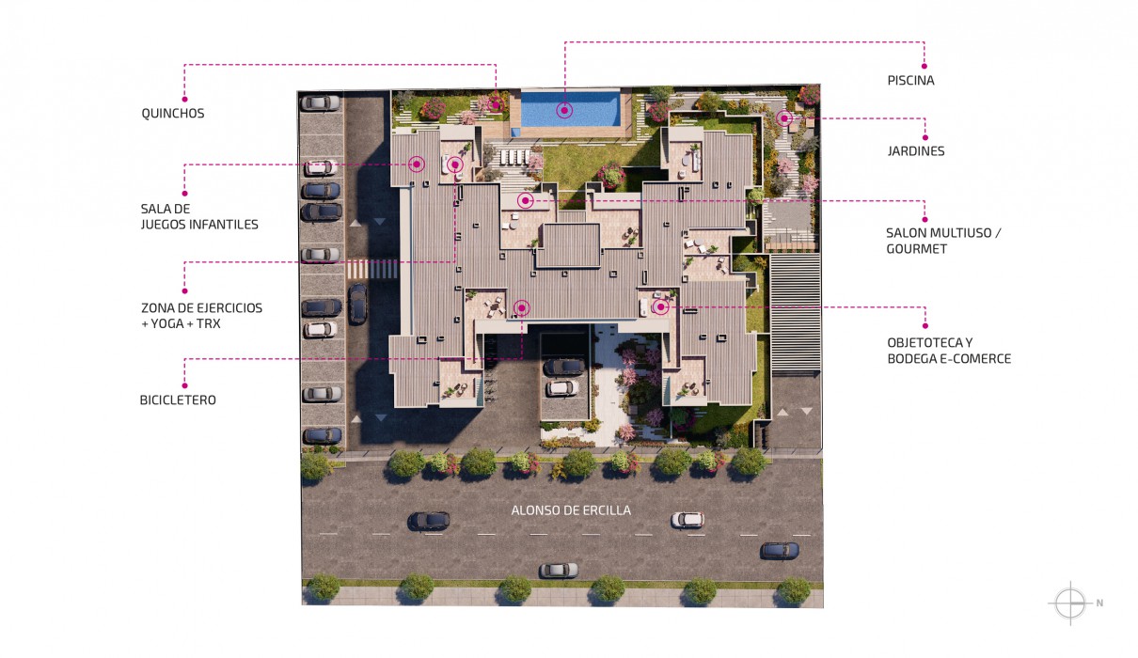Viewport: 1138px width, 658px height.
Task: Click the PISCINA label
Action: pyautogui.click(x=910, y=80)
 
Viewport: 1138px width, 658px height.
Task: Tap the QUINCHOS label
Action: pyautogui.click(x=173, y=113)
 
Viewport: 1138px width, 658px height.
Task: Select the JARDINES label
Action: pyautogui.click(x=916, y=150)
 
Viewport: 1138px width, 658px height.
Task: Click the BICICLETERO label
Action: pyautogui.click(x=178, y=400)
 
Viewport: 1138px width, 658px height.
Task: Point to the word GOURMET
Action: pyautogui.click(x=916, y=249)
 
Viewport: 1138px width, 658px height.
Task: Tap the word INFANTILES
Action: pyautogui.click(x=225, y=225)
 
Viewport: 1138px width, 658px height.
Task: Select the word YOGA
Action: pyautogui.click(x=167, y=324)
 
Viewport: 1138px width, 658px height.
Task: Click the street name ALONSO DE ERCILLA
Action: pyautogui.click(x=571, y=510)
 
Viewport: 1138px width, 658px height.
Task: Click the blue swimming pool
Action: pyautogui.click(x=571, y=108)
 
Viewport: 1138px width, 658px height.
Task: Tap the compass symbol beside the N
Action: pyautogui.click(x=1070, y=603)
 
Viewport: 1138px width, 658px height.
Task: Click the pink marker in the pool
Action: pyautogui.click(x=564, y=110)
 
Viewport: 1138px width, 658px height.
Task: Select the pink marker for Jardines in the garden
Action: pyautogui.click(x=784, y=118)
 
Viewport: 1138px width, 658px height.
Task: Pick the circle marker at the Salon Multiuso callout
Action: pyautogui.click(x=526, y=200)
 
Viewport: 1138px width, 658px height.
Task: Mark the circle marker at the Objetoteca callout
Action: pyautogui.click(x=660, y=306)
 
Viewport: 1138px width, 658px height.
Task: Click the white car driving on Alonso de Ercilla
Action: pyautogui.click(x=688, y=520)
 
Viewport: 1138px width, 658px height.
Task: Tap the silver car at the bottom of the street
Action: pyautogui.click(x=559, y=571)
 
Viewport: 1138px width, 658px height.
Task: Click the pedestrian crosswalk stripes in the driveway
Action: pyautogui.click(x=372, y=269)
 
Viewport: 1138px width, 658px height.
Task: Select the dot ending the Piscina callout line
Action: pyautogui.click(x=925, y=66)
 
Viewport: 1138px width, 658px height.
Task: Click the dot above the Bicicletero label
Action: pyautogui.click(x=184, y=385)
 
